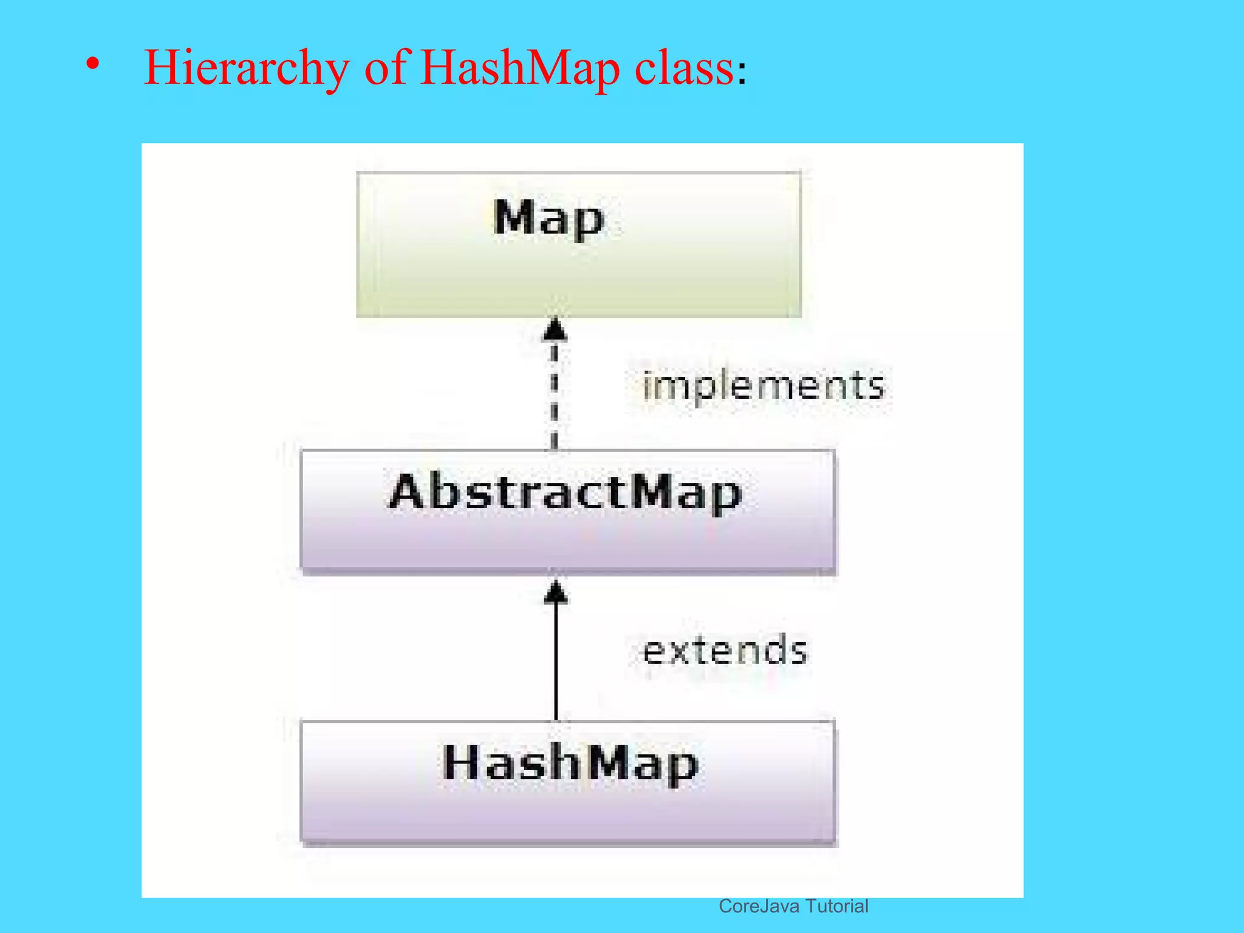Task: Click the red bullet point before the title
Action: pyautogui.click(x=92, y=63)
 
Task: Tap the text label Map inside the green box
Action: pyautogui.click(x=549, y=217)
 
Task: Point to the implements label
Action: pyautogui.click(x=764, y=386)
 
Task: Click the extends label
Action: pyautogui.click(x=725, y=651)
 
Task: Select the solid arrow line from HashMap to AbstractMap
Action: pyautogui.click(x=556, y=662)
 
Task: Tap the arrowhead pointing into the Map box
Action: pyautogui.click(x=555, y=330)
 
